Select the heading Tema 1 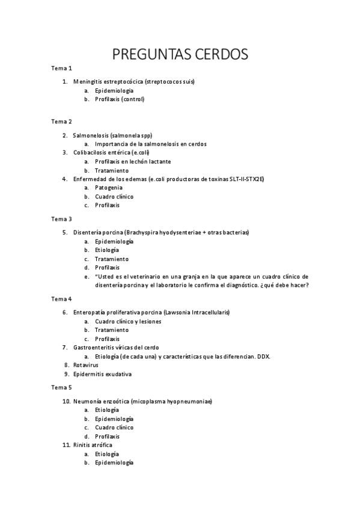61,68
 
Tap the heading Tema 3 61,219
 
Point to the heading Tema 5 61,387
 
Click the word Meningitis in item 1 88,81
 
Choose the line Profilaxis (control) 120,99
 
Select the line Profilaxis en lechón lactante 133,162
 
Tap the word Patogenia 109,188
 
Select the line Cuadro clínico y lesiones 128,321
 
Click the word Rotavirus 86,365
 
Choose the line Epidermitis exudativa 102,374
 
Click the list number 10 66,401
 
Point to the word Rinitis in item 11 82,444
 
